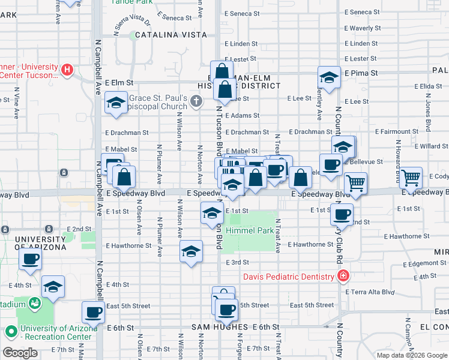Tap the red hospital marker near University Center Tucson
tap(67, 70)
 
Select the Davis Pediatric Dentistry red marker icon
tap(343, 277)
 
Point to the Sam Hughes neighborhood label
tap(220, 327)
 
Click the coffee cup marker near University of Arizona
tap(29, 260)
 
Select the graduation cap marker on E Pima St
tap(329, 77)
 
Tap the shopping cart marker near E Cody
tap(412, 177)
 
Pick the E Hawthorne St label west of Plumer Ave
tap(128, 245)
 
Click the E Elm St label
tap(118, 83)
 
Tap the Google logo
tap(20, 353)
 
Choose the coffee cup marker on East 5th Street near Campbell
tap(93, 311)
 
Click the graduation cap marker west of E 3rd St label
tap(191, 251)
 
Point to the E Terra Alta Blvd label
tap(370, 292)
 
